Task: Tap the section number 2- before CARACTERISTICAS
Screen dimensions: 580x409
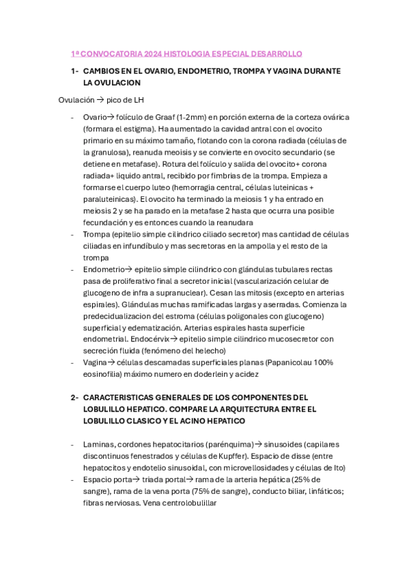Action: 74,397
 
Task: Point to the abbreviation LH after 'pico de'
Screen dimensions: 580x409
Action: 138,100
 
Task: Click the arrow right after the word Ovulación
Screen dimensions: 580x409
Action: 99,100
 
